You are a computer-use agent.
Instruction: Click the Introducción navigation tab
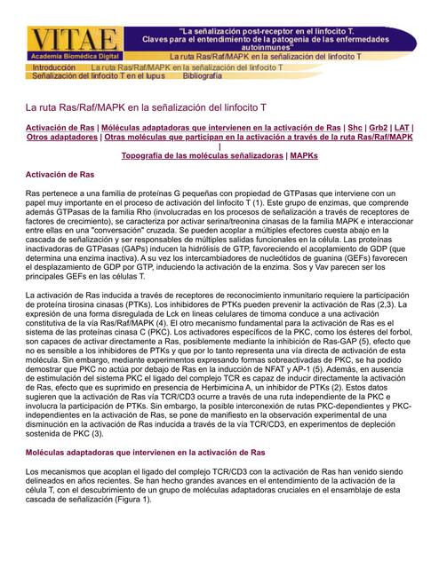click(54, 67)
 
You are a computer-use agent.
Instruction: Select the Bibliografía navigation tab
click(203, 77)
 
